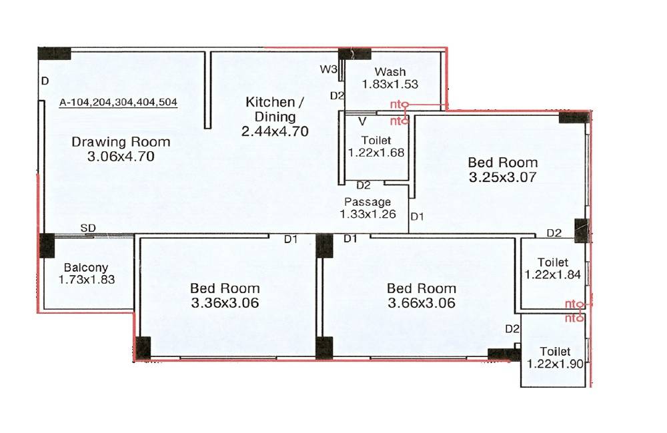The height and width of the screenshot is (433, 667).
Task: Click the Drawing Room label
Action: [x=121, y=141]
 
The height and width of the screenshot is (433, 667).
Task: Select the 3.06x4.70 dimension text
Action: [x=121, y=157]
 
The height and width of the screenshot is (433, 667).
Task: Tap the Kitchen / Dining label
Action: [x=275, y=109]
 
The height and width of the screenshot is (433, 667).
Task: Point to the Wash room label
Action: [x=390, y=72]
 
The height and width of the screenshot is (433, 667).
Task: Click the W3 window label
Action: [x=327, y=69]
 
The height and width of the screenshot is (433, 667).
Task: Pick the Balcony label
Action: [x=86, y=268]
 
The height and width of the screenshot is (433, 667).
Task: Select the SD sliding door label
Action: [x=88, y=228]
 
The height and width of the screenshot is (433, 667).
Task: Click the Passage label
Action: [x=368, y=202]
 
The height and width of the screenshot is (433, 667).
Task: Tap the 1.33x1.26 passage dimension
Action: [x=368, y=214]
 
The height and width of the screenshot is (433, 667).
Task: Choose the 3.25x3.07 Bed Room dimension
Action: [x=502, y=178]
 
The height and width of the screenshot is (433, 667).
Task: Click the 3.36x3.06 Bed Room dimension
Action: [x=225, y=303]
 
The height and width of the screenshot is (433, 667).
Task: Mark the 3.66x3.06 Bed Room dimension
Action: [x=422, y=303]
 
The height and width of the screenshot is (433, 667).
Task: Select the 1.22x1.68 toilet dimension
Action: [x=376, y=153]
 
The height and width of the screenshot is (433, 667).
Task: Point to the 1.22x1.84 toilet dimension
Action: [x=553, y=274]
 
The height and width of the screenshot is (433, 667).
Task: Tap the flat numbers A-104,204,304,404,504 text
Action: [x=118, y=102]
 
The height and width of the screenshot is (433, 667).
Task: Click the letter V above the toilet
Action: [x=363, y=121]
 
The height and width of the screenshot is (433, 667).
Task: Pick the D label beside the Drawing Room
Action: [x=45, y=81]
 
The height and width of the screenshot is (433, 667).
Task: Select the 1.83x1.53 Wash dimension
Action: [x=390, y=85]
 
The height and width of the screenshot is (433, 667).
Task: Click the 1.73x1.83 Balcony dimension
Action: [x=87, y=280]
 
